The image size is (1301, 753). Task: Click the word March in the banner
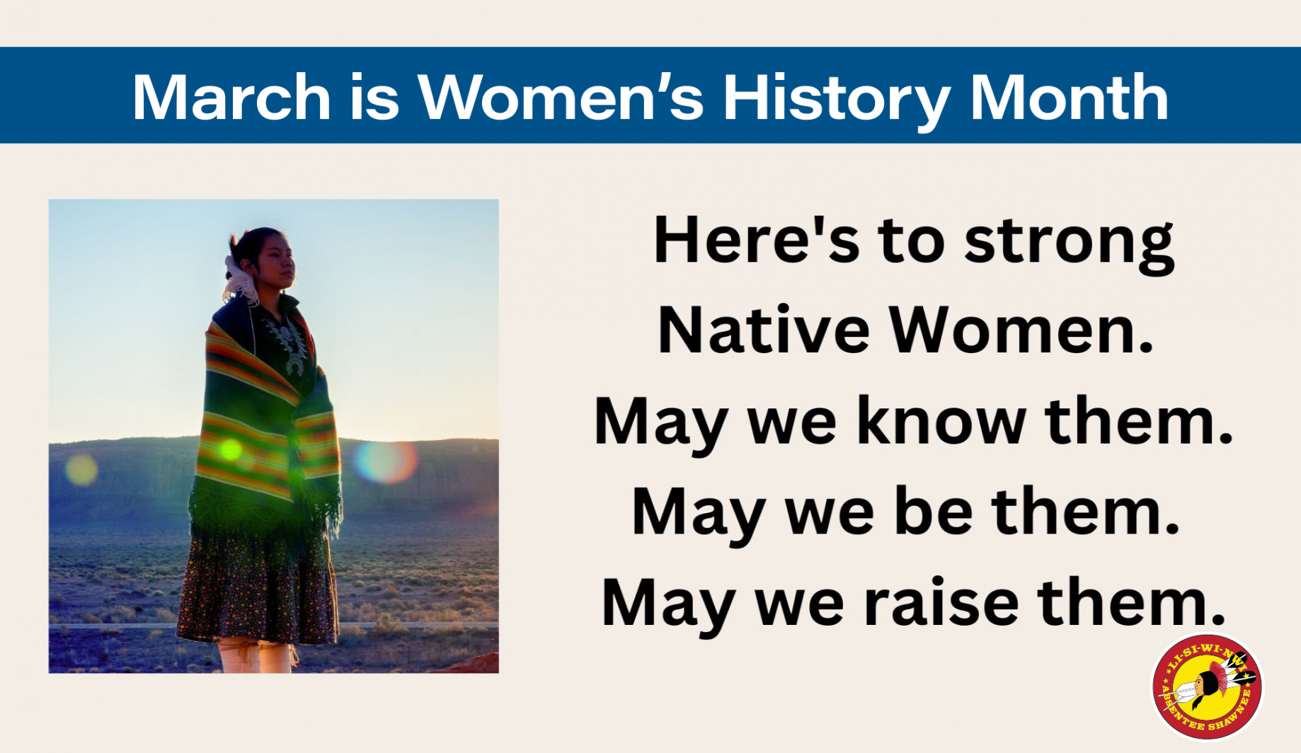pyautogui.click(x=231, y=97)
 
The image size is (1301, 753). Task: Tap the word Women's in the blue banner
pyautogui.click(x=561, y=97)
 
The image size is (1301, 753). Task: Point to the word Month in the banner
pyautogui.click(x=1068, y=97)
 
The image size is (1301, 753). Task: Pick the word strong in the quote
pyautogui.click(x=1069, y=244)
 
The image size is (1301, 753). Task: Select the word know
pyautogui.click(x=941, y=420)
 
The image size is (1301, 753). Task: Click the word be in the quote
pyautogui.click(x=933, y=511)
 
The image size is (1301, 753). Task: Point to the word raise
pyautogui.click(x=942, y=602)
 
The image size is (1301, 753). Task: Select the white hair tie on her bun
pyautogui.click(x=239, y=280)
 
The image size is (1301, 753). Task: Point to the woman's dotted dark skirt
pyautogui.click(x=259, y=585)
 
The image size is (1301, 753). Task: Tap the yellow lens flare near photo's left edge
pyautogui.click(x=81, y=469)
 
